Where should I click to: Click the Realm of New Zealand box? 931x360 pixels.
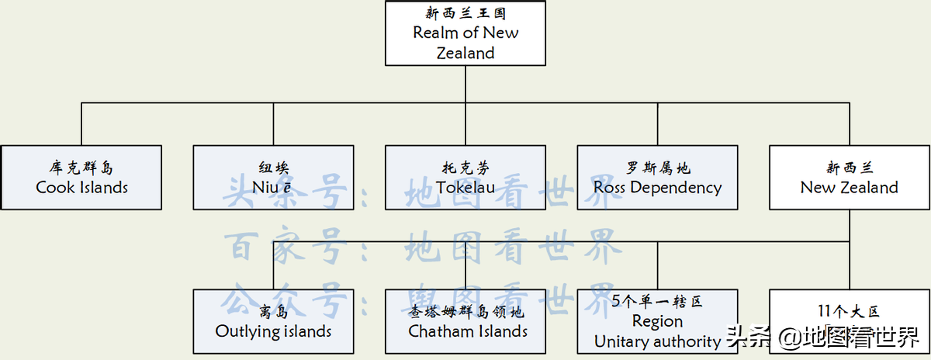[465, 33]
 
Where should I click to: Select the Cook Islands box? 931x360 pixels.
[81, 178]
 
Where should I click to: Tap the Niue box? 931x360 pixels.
[273, 178]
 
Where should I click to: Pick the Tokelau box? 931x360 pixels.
[465, 178]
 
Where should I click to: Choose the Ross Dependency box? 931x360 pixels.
[657, 178]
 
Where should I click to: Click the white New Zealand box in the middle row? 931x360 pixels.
[849, 178]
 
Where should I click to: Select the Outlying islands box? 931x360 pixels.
[273, 321]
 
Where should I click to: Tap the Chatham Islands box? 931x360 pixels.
[465, 321]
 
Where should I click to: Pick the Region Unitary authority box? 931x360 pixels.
[657, 321]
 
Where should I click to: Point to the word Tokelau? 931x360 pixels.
[465, 188]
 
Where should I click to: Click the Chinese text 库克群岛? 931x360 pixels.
[81, 168]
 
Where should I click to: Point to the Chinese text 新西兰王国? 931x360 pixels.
[465, 13]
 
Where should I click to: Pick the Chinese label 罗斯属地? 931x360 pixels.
[657, 168]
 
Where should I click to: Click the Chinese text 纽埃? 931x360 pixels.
[273, 168]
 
